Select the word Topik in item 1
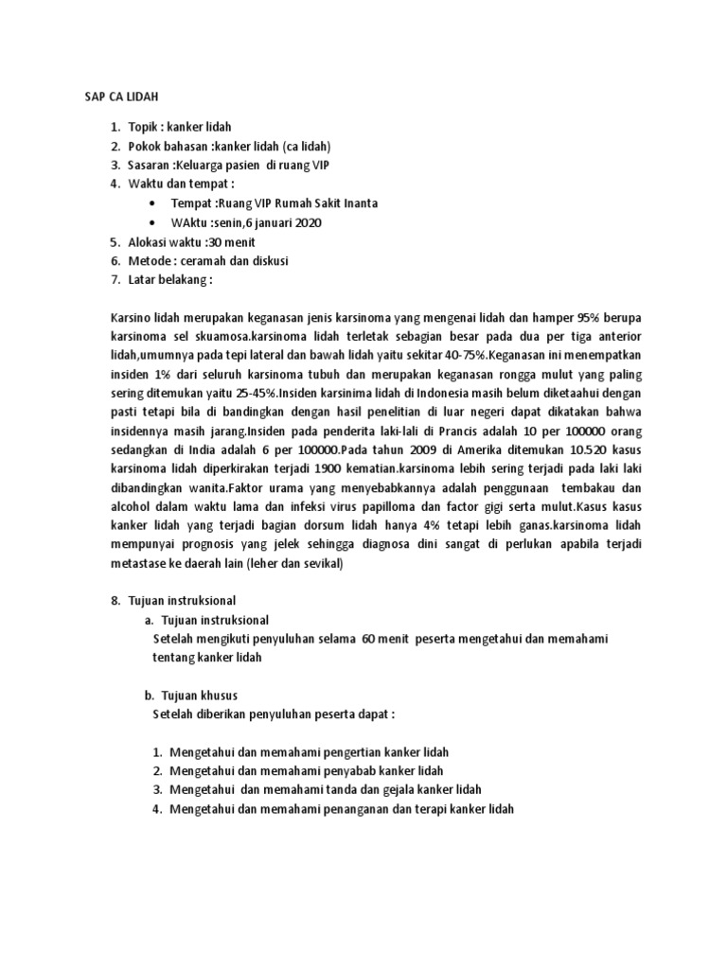click(x=143, y=126)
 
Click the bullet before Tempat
click(x=152, y=203)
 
